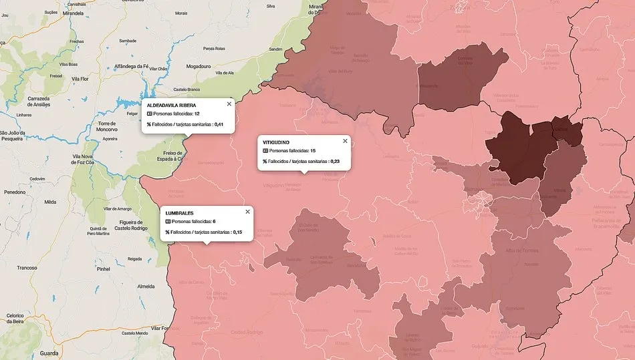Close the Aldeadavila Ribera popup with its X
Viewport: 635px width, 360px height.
click(x=229, y=104)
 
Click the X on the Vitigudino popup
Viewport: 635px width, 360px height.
click(x=346, y=140)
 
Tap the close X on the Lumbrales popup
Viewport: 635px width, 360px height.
click(x=247, y=211)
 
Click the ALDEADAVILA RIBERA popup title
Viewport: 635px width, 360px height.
click(x=171, y=105)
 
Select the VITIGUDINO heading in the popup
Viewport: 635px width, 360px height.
click(x=276, y=142)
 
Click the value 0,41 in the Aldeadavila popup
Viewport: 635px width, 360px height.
click(x=219, y=124)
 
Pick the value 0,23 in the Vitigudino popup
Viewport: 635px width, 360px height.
click(x=335, y=161)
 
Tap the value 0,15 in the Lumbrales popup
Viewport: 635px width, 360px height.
click(x=237, y=232)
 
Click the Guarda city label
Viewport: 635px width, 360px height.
click(x=49, y=353)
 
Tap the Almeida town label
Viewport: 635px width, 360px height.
click(x=146, y=285)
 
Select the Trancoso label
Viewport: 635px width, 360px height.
click(x=27, y=267)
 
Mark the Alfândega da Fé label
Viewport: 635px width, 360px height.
click(x=122, y=67)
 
